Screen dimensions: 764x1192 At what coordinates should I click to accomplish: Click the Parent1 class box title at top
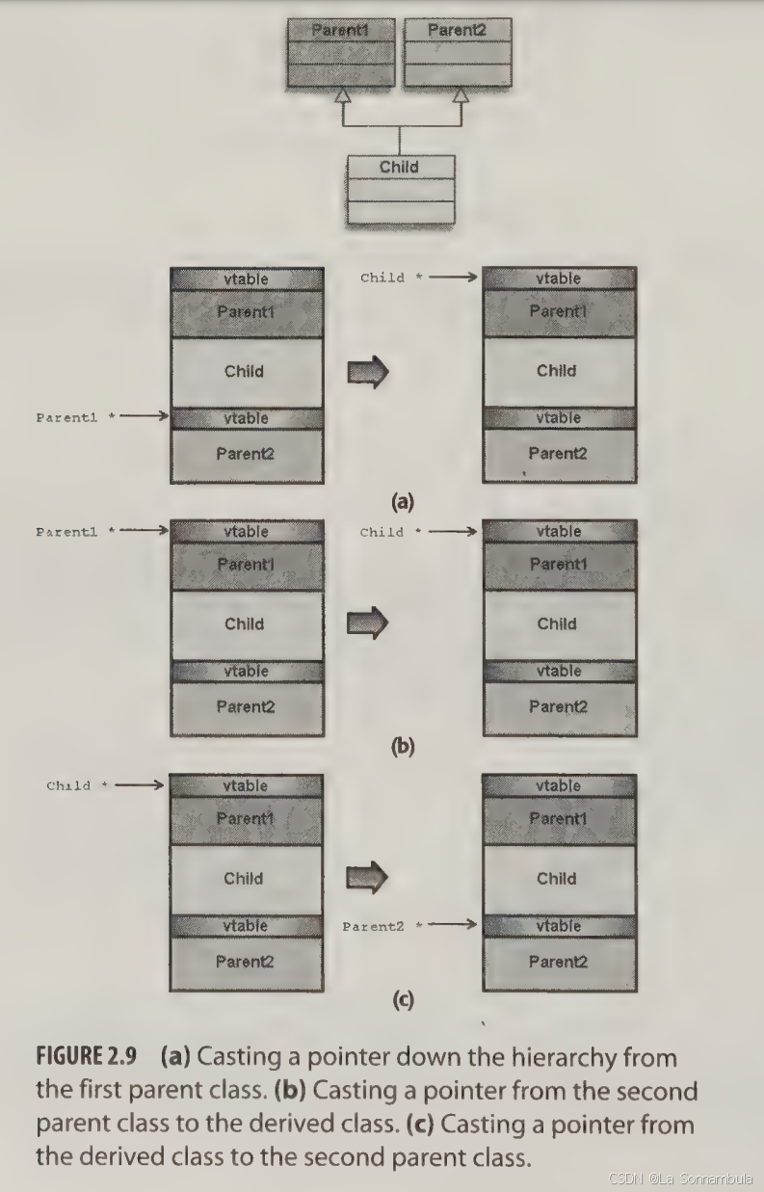341,30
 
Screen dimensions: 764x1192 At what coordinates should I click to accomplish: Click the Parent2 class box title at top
457,30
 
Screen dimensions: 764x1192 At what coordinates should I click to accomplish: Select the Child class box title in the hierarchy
399,167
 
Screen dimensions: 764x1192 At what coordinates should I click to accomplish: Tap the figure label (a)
402,500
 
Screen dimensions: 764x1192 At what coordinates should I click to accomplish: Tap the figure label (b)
402,746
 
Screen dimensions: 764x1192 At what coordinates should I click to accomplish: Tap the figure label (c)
402,1000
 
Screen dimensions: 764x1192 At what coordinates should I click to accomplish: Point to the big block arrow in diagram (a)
367,372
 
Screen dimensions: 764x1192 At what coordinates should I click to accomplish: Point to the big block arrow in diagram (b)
367,624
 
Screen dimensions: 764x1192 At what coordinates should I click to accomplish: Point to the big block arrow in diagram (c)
367,878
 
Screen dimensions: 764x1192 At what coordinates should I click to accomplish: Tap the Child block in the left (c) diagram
244,878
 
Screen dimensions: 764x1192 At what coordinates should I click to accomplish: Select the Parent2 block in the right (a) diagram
558,453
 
